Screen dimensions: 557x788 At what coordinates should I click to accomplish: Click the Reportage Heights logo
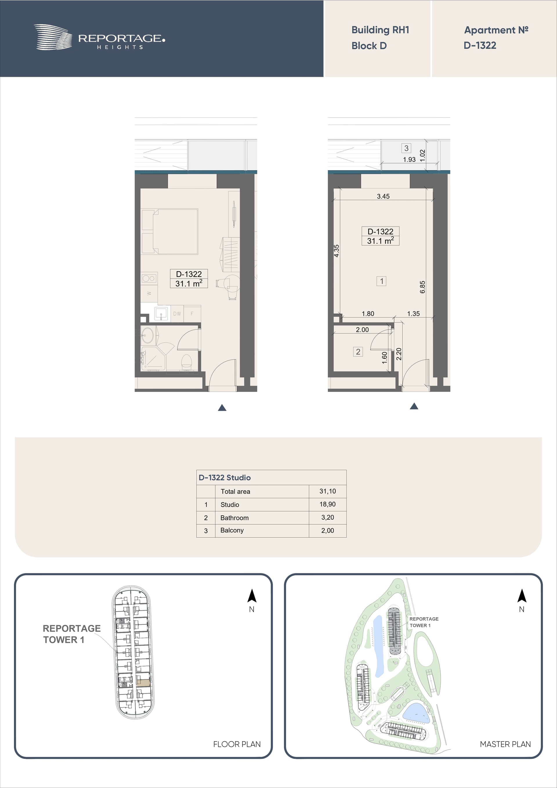pos(100,37)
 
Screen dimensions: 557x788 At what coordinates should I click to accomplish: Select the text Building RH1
pos(380,30)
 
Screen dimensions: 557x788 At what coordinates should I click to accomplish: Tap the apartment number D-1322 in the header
pos(480,45)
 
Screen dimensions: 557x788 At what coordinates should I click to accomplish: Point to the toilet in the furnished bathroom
pos(186,361)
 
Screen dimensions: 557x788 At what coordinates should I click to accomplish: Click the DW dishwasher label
pos(177,314)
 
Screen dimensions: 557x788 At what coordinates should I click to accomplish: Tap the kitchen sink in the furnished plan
pos(161,313)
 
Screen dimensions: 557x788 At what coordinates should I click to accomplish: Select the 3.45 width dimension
pos(383,196)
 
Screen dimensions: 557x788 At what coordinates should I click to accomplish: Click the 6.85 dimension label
pos(422,287)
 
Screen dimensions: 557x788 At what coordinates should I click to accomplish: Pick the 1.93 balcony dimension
pos(409,160)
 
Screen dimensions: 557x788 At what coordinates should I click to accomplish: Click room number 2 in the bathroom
pos(358,352)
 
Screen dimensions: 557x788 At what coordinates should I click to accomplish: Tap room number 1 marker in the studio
pos(381,281)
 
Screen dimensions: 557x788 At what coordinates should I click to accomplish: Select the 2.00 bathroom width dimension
pos(362,330)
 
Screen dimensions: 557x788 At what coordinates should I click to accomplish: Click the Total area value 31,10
pos(328,491)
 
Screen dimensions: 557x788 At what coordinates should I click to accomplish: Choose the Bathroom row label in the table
pos(234,518)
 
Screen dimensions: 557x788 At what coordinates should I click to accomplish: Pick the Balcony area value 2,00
pos(328,531)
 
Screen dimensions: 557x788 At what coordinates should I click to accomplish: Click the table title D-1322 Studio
pos(225,477)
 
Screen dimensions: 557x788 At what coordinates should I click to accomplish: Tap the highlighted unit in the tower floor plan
pos(143,683)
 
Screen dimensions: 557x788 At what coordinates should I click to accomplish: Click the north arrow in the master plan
pos(522,596)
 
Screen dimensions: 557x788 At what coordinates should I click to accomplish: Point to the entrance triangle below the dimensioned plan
pos(414,406)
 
